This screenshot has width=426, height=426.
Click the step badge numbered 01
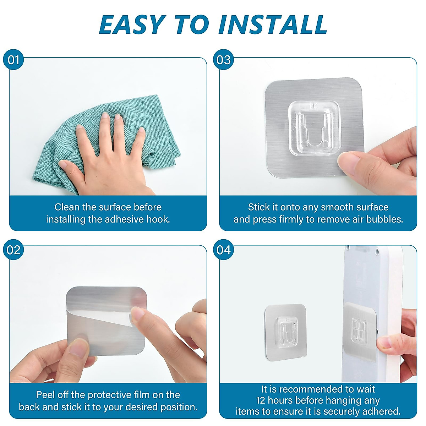(x=13, y=60)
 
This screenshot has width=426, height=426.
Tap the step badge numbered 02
(x=13, y=250)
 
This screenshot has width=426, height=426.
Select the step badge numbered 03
(x=224, y=60)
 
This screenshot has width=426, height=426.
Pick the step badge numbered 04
(x=224, y=250)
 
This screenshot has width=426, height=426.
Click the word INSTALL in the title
(x=273, y=24)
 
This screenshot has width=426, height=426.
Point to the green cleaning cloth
(x=106, y=142)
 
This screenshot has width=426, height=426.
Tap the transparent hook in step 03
(x=314, y=128)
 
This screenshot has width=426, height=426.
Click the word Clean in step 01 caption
(x=67, y=207)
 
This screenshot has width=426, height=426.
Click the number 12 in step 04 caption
(x=261, y=400)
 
